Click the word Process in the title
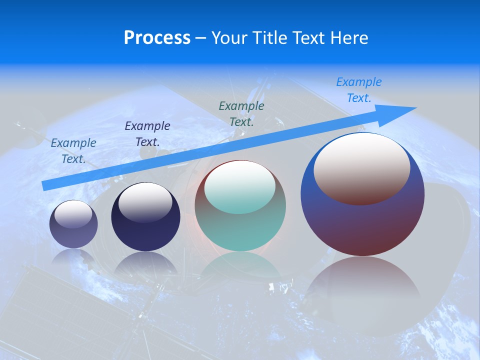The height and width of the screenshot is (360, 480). [157, 38]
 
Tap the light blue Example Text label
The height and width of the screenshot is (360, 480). [359, 90]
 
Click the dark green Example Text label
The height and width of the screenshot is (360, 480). [241, 113]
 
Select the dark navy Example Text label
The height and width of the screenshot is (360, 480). [147, 133]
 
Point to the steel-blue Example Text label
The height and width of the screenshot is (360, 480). [73, 150]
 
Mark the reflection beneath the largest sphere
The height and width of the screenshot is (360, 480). [362, 290]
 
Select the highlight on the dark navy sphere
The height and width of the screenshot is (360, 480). [145, 202]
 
